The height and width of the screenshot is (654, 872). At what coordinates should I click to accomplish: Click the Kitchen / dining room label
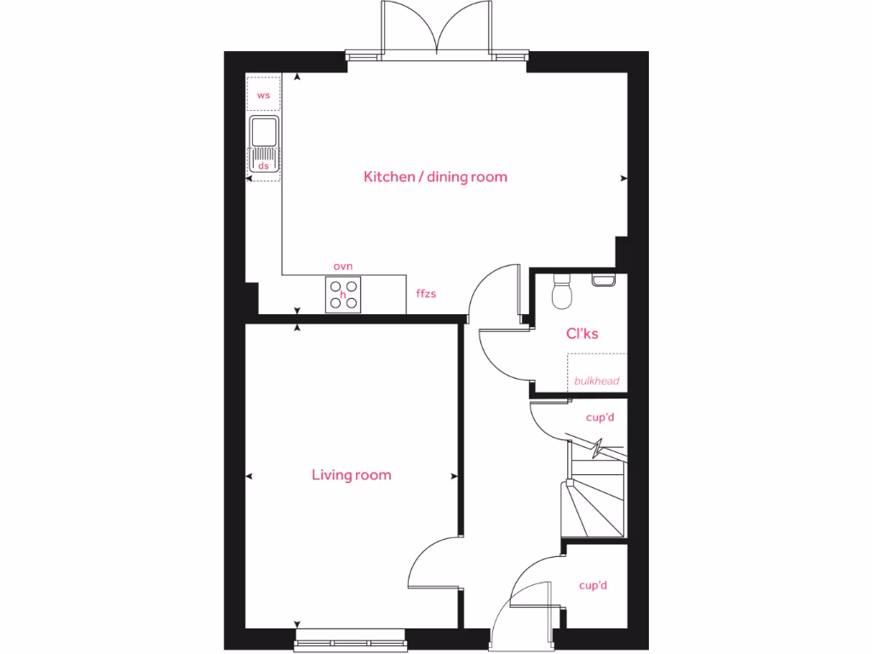point(435,177)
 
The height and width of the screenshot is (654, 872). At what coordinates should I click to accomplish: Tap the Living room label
point(351,475)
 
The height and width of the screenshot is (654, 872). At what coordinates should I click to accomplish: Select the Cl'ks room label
point(582,334)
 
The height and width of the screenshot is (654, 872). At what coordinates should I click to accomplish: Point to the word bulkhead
point(596,381)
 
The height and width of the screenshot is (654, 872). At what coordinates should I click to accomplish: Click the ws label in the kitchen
point(264,95)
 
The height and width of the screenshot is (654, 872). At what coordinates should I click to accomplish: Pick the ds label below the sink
point(264,166)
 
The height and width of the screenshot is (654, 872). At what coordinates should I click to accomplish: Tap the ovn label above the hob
point(343,267)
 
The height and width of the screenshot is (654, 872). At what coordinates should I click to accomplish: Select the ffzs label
point(426,294)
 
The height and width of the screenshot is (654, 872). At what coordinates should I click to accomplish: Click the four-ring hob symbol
point(343,295)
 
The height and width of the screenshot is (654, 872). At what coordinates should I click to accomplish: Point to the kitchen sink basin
point(264,132)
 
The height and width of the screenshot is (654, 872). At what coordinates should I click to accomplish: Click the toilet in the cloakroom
point(563,292)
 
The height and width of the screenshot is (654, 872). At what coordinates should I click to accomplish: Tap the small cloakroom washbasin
point(603,279)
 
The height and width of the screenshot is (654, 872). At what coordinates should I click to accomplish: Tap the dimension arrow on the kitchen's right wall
point(624,179)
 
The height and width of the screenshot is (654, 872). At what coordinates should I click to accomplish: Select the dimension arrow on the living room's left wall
point(250,476)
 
